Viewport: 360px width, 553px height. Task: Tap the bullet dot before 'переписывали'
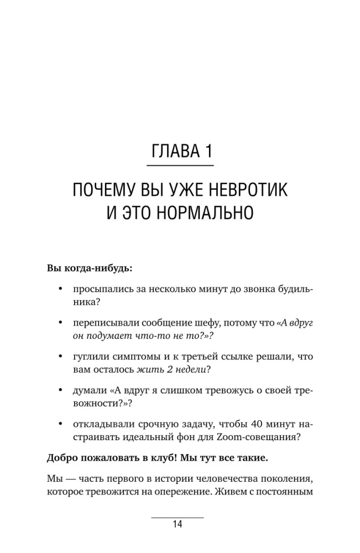[59, 322]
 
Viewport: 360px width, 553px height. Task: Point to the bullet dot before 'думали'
[59, 390]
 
